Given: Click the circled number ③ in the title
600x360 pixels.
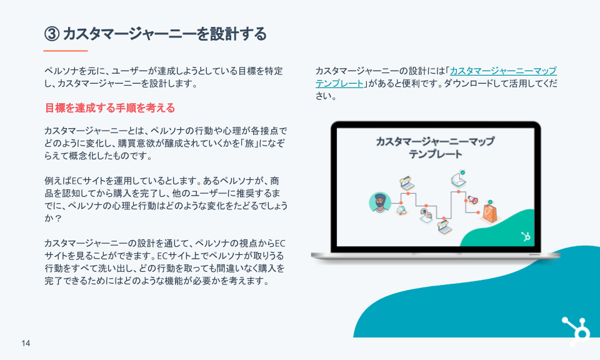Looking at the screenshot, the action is click(52, 34).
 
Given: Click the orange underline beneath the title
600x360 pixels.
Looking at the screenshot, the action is click(66, 51).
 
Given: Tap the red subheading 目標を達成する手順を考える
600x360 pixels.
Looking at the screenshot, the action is click(110, 108).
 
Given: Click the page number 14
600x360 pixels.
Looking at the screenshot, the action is click(26, 343).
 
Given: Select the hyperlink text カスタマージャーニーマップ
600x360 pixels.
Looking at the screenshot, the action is click(503, 71).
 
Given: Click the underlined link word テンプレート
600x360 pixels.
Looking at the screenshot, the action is click(339, 83).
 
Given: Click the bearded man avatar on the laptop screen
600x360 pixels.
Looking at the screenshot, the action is click(379, 202).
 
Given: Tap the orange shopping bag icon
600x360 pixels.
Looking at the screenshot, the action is click(490, 212).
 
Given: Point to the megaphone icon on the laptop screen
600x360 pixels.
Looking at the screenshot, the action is click(472, 199).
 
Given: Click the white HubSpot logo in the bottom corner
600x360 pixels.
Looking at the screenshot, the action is click(576, 331).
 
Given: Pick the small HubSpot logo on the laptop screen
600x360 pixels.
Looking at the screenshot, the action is click(526, 236).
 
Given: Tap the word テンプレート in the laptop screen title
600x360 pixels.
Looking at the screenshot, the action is click(435, 154).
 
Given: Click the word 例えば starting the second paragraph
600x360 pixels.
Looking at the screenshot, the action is click(57, 181).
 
